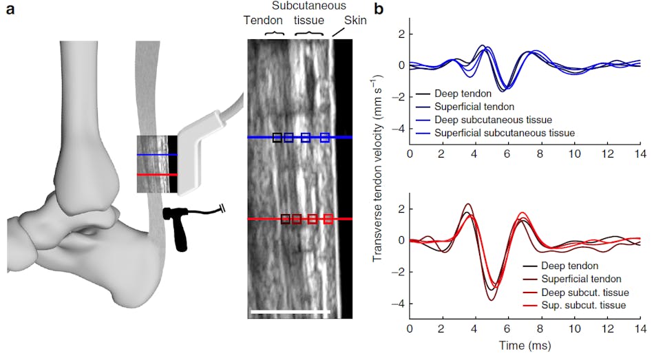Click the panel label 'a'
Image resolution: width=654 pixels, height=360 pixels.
pos(11,10)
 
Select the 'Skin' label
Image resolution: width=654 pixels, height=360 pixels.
pos(355,21)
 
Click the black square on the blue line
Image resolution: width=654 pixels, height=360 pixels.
pos(277,138)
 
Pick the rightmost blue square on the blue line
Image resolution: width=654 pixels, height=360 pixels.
pos(325,138)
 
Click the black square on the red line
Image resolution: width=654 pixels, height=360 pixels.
pos(285,219)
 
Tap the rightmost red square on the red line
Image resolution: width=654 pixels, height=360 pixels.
pos(328,219)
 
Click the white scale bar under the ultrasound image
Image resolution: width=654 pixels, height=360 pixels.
pos(291,312)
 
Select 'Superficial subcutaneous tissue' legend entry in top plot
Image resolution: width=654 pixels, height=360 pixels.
pos(504,131)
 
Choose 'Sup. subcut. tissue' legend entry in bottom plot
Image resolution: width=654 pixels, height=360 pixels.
pos(585,304)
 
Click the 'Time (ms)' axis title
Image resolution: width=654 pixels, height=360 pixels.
pos(526,342)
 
